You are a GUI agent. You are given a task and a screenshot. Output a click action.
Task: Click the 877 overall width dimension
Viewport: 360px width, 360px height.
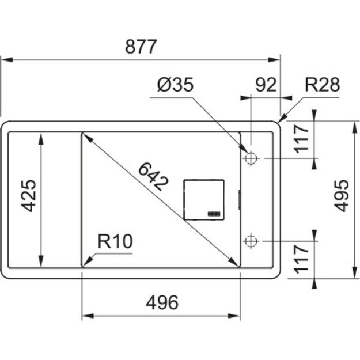(x=141, y=47)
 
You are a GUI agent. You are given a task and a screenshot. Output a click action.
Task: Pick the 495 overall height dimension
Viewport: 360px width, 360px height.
(x=342, y=195)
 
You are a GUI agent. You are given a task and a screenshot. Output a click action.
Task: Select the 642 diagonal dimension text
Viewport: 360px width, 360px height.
(x=153, y=176)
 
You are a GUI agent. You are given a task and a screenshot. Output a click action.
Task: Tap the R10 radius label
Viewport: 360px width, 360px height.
(x=115, y=242)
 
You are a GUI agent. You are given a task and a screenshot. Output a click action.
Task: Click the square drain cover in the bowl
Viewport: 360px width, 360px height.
(x=203, y=199)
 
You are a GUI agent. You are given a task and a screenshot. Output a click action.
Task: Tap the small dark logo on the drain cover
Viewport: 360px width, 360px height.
(x=214, y=213)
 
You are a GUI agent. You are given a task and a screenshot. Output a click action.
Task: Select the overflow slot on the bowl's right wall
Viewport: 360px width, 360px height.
(x=240, y=199)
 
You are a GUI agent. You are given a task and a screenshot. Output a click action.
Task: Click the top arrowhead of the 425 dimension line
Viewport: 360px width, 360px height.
(x=40, y=137)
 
